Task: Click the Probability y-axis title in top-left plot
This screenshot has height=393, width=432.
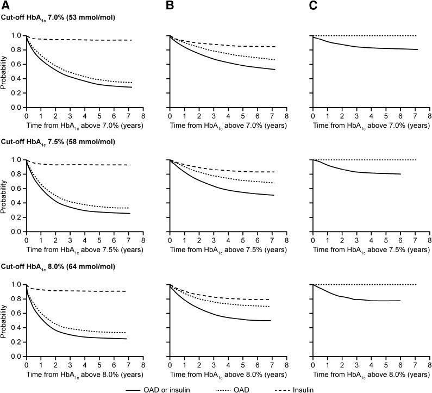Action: (5, 71)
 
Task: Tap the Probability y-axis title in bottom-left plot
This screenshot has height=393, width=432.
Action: (5, 320)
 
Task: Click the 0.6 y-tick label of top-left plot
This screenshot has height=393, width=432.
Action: (17, 65)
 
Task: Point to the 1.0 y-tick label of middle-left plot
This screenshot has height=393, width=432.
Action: (17, 160)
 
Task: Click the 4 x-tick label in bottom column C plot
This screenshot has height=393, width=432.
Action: (371, 365)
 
